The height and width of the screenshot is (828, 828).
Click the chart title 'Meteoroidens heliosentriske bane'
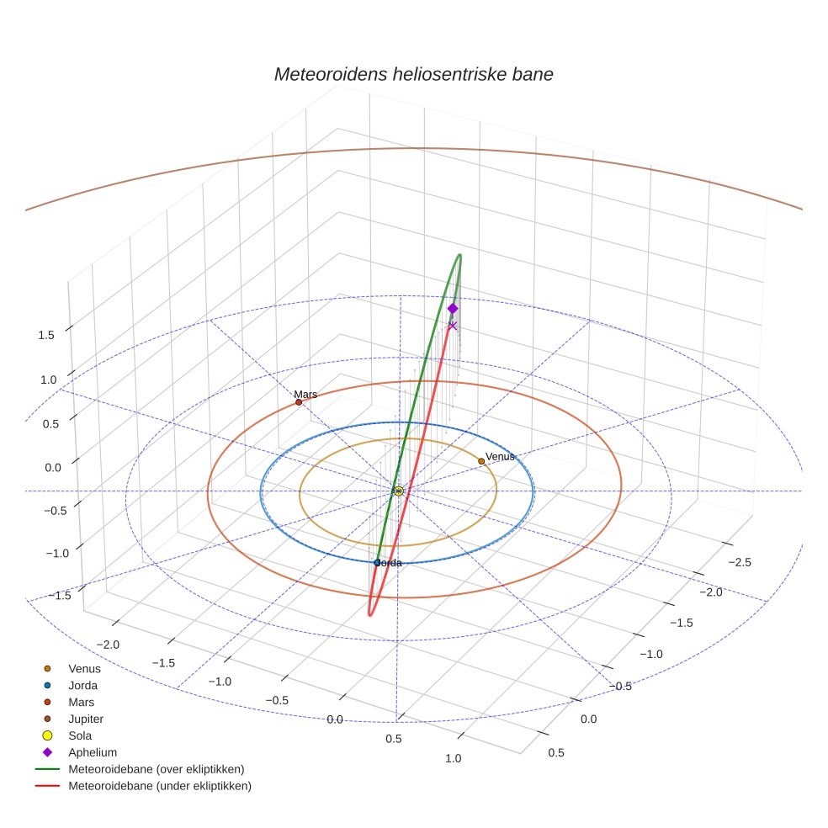[413, 74]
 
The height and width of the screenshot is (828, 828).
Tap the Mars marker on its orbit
[299, 402]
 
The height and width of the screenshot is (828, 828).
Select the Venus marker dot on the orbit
[481, 461]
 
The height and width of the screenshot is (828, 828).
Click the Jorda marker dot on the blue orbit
[377, 562]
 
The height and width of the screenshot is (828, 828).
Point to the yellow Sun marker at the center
[398, 491]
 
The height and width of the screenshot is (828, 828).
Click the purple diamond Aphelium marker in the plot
[453, 309]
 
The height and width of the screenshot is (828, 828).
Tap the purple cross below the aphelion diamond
[453, 326]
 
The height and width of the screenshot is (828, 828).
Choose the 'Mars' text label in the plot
[305, 394]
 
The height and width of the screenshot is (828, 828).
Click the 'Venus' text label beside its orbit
[500, 456]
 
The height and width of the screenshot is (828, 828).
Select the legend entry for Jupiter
[85, 719]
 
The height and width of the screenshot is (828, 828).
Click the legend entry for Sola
[80, 735]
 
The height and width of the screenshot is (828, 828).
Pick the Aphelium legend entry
[92, 752]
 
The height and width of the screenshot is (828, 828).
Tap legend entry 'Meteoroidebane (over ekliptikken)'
[156, 769]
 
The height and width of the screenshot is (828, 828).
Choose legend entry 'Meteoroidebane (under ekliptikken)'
[159, 786]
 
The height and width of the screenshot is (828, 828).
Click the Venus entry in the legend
[83, 668]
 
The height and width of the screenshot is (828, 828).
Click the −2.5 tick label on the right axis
[740, 561]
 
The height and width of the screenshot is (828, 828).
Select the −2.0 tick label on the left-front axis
[108, 645]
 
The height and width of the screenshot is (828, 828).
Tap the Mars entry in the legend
[81, 702]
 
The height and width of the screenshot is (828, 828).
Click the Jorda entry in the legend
[82, 685]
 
